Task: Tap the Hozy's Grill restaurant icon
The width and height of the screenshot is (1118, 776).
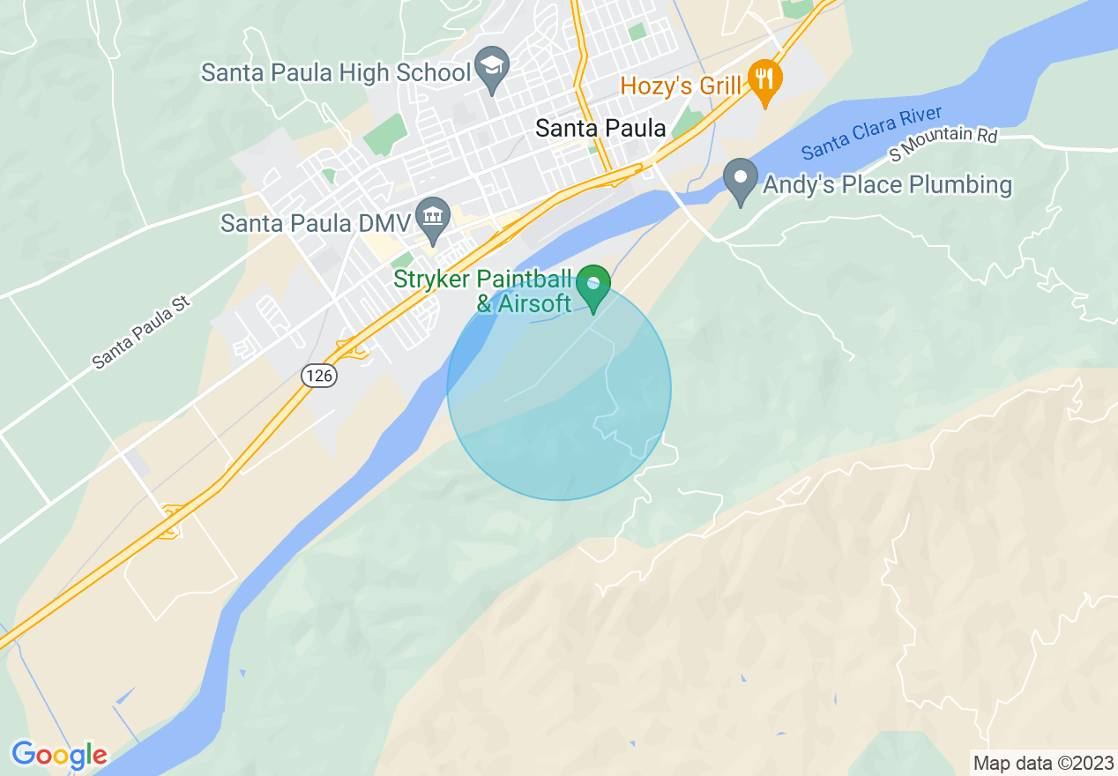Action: point(764,78)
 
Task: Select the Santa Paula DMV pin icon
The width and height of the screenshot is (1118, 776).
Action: point(432,218)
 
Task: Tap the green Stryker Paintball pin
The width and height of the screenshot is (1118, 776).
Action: point(594,285)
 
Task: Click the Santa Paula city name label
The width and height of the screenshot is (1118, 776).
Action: point(600,129)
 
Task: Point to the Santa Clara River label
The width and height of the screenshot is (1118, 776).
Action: point(872,133)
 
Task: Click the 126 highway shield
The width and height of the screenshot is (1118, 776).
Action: point(318,376)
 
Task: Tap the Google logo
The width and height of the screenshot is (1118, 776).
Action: point(59,755)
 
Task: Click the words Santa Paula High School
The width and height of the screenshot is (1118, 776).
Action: point(336,72)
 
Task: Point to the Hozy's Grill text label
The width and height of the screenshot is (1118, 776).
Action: point(680,86)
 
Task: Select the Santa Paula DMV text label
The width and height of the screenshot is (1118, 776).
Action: point(316,223)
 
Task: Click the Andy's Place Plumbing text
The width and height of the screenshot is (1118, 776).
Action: point(887,185)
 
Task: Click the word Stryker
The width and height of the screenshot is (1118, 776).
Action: point(432,280)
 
